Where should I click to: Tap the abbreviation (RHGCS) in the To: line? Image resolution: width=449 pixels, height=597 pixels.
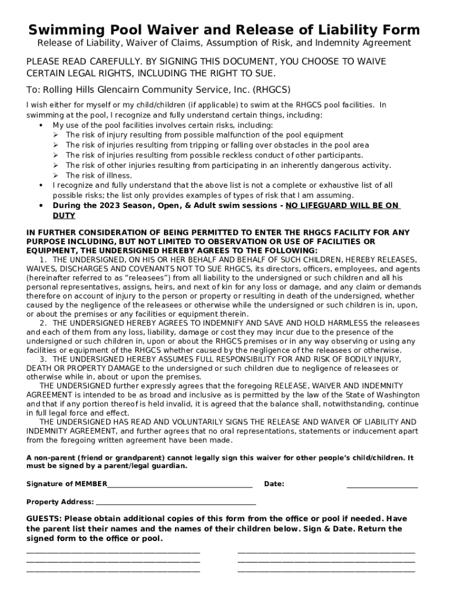pos(271,90)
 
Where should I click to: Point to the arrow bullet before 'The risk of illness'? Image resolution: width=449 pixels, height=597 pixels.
pos(56,175)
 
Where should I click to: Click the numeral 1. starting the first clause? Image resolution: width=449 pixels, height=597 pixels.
pos(43,259)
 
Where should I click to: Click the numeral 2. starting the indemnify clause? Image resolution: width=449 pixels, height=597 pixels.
pos(43,323)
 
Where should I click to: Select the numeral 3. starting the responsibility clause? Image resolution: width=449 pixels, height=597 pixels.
pos(43,359)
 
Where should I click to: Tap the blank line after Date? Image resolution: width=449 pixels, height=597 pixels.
pos(382,485)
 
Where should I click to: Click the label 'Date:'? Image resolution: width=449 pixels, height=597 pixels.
pos(274,484)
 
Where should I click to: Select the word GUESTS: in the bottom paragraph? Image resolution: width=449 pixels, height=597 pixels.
pos(44,519)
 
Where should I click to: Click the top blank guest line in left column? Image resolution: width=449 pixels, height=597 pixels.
pos(113,551)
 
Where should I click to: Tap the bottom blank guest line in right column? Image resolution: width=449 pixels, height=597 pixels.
pos(326,570)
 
